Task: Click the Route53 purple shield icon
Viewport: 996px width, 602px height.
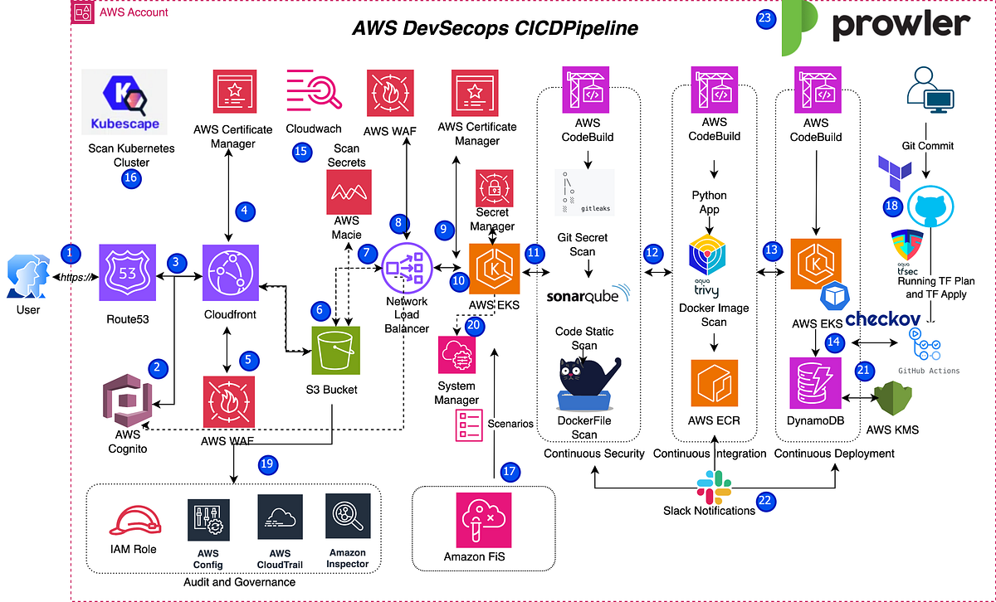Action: coord(128,272)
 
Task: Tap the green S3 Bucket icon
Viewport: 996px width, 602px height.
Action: coord(337,352)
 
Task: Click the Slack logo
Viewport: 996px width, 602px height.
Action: coord(714,485)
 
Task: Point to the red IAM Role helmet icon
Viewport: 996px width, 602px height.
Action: coord(133,521)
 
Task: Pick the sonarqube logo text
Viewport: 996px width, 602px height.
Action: coord(588,294)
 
